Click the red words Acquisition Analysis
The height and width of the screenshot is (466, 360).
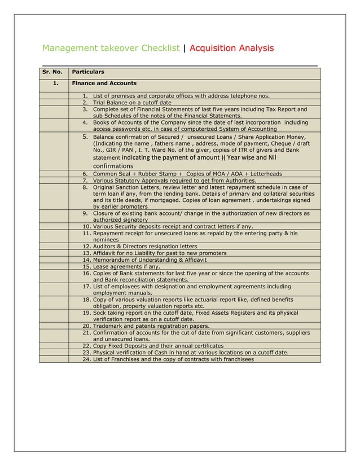click(232, 49)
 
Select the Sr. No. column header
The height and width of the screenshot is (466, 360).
click(52, 73)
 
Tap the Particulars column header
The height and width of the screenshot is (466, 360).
click(87, 73)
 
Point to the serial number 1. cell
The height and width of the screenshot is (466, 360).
click(55, 83)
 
